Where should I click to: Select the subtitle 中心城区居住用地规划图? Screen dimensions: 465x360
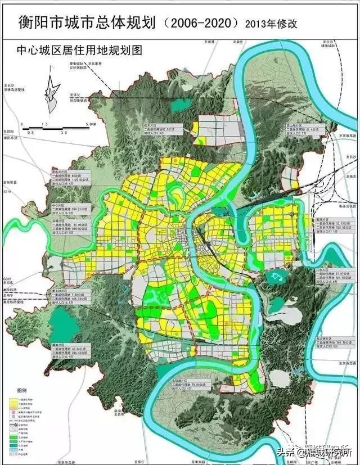click(x=73, y=51)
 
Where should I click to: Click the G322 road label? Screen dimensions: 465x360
click(x=6, y=279)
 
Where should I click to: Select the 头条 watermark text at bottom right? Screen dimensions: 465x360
click(x=285, y=452)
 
